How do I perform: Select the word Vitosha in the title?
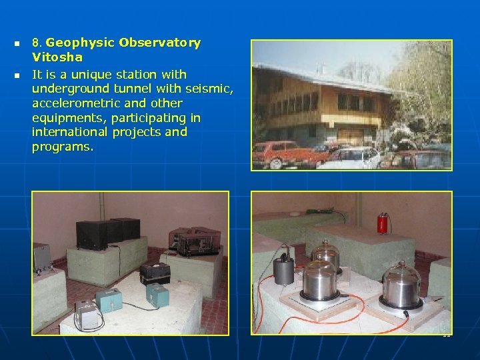pos(57,57)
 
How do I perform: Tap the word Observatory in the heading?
pos(159,43)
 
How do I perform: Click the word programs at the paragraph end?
pos(62,147)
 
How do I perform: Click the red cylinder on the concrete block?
pos(383,223)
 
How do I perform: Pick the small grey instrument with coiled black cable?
pos(87,313)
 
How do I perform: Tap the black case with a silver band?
pos(154,273)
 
